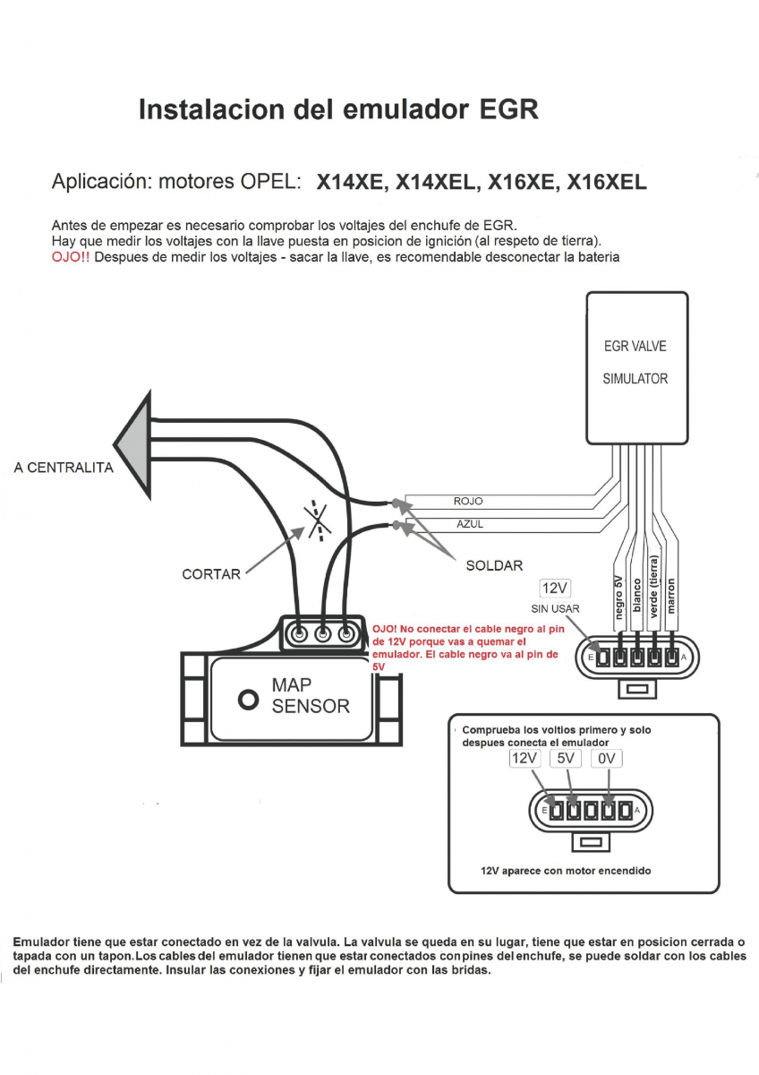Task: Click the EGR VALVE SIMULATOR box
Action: pyautogui.click(x=635, y=367)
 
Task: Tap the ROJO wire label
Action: pyautogui.click(x=468, y=502)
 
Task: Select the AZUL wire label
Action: pyautogui.click(x=470, y=524)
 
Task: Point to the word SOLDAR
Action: pyautogui.click(x=494, y=566)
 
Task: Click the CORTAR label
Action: pyautogui.click(x=211, y=574)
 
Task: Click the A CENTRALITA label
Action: pyautogui.click(x=64, y=468)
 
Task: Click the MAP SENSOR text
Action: pyautogui.click(x=310, y=696)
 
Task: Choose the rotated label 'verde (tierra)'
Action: pyautogui.click(x=654, y=588)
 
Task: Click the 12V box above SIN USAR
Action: pyautogui.click(x=555, y=589)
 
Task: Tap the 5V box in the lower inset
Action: pyautogui.click(x=566, y=759)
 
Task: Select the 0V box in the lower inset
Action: pyautogui.click(x=607, y=759)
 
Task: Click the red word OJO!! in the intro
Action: pyautogui.click(x=71, y=257)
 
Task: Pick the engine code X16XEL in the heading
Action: pyautogui.click(x=606, y=183)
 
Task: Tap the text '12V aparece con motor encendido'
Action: pyautogui.click(x=566, y=871)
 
